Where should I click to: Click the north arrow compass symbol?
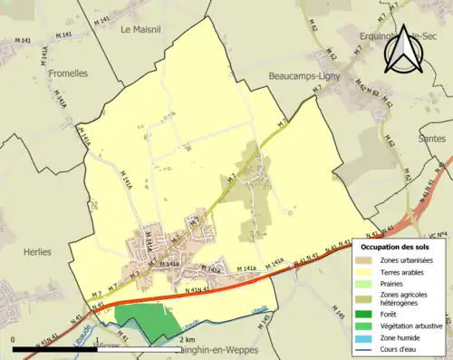404,46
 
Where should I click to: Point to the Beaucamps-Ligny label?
304,78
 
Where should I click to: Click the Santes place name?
432,139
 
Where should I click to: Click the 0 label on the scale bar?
14,339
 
